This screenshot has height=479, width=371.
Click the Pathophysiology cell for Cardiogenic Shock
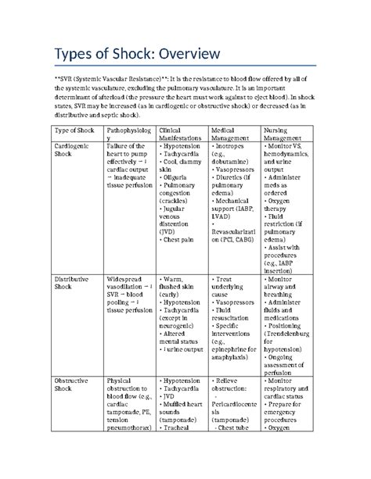click(128, 168)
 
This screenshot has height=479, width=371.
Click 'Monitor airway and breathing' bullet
click(286, 288)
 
